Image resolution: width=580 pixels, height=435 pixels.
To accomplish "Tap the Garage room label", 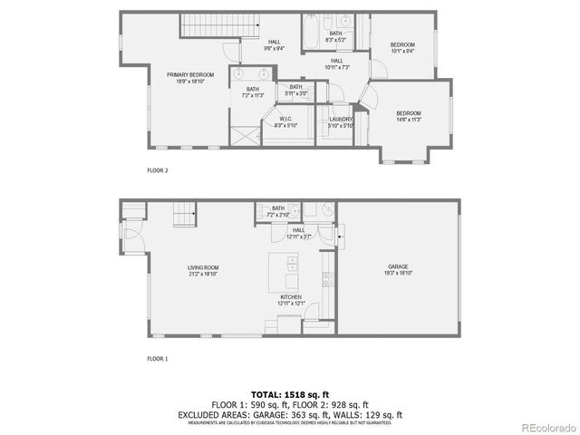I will click(x=399, y=267).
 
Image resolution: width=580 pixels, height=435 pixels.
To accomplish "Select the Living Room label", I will click(x=204, y=267).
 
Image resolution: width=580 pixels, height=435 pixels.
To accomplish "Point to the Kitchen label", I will click(x=292, y=296).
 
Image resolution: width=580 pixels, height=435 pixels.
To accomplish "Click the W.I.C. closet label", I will click(x=285, y=118).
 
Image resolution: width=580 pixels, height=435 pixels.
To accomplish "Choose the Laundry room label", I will click(x=341, y=119).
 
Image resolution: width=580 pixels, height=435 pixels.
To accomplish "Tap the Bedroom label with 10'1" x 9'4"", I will click(x=402, y=45).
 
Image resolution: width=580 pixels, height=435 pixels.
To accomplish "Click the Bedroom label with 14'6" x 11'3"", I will click(x=409, y=112).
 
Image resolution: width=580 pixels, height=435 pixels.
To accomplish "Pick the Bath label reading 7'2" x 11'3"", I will click(x=252, y=89).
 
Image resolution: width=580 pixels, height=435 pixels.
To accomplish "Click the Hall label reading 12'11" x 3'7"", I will click(x=299, y=230).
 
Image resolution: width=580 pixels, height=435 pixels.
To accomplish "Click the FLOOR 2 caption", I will click(x=158, y=169).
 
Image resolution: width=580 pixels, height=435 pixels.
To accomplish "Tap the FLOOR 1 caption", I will click(x=158, y=359).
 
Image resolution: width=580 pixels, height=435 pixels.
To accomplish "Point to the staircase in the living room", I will click(x=185, y=216).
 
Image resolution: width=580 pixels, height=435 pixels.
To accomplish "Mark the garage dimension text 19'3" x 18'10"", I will click(x=399, y=273).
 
